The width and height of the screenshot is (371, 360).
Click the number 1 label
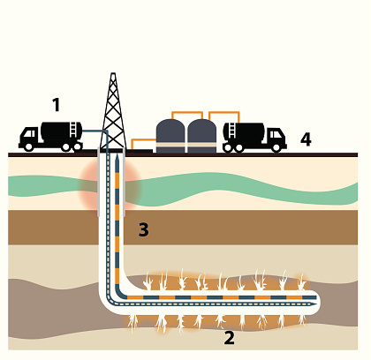click(x=57, y=105)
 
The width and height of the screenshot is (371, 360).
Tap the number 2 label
click(x=230, y=338)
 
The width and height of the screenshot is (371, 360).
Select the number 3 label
click(x=144, y=229)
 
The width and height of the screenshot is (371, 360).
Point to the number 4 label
click(x=306, y=139)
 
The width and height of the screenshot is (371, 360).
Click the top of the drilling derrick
click(x=113, y=73)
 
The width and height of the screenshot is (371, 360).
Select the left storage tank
click(x=170, y=136)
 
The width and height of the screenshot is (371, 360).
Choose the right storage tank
click(x=202, y=136)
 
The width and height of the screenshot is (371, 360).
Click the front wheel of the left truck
click(x=28, y=146)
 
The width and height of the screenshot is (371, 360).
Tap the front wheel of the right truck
click(x=276, y=147)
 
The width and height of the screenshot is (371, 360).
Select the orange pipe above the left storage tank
click(x=187, y=113)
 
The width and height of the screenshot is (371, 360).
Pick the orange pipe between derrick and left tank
click(x=143, y=140)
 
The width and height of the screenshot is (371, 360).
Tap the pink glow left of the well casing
click(x=88, y=188)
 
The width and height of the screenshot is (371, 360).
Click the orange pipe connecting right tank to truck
click(x=224, y=113)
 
